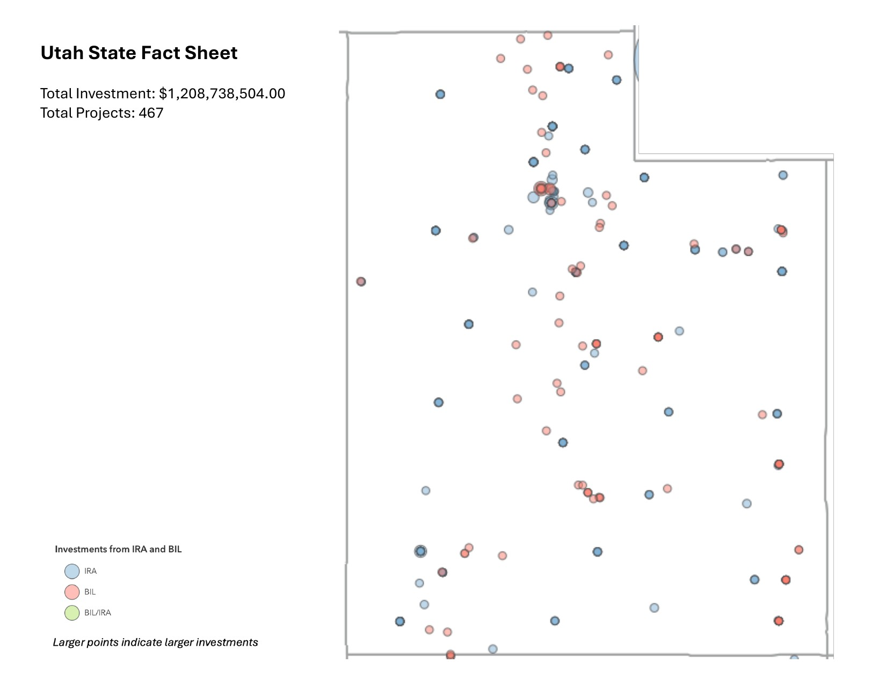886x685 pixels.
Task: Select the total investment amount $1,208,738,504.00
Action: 222,93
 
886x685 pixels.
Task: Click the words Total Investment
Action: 97,93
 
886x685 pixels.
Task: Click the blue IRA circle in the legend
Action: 72,571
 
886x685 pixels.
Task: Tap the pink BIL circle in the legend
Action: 72,592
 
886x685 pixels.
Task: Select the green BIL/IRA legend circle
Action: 72,613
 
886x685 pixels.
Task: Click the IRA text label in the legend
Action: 90,571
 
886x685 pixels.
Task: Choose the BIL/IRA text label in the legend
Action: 98,613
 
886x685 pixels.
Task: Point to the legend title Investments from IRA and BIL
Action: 118,549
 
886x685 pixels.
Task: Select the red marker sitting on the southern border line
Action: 451,655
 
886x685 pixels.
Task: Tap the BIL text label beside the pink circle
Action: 90,592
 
